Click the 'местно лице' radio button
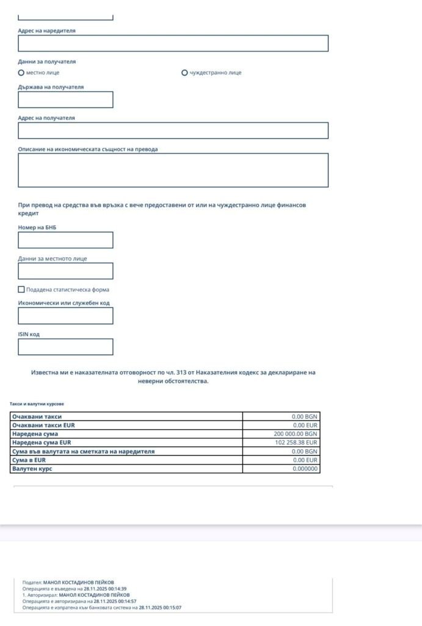(21, 73)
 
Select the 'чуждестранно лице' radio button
(184, 73)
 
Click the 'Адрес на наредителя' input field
(173, 43)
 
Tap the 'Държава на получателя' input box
(65, 100)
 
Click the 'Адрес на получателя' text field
(173, 131)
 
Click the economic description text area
(173, 170)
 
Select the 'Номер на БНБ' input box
(65, 240)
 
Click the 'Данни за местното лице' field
(65, 271)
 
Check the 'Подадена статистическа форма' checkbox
(21, 290)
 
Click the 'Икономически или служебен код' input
(65, 316)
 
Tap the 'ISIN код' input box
(65, 347)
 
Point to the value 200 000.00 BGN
(296, 434)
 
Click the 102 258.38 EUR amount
(296, 443)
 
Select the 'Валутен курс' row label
(32, 469)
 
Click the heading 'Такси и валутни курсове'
(37, 404)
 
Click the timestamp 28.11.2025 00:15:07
(160, 608)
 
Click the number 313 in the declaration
(181, 372)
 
